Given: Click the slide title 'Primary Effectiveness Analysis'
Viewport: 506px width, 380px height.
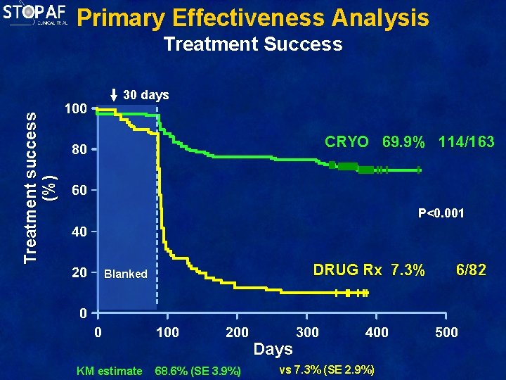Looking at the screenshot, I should point(252,18).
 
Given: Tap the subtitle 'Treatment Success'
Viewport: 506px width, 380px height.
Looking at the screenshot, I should point(252,44).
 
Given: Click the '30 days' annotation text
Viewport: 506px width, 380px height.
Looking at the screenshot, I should point(145,95).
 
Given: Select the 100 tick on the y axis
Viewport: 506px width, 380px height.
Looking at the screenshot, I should point(75,110).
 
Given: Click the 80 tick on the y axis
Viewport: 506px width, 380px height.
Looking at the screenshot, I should point(78,151).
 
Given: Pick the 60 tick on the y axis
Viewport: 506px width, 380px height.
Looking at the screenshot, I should point(78,191).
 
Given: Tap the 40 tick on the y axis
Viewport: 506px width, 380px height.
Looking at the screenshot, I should point(78,232).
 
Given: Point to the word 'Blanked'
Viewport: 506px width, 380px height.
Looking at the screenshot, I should point(125,274).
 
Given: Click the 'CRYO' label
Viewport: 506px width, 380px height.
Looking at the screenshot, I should point(346,142).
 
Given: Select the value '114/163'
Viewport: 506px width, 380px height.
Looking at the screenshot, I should point(467,142).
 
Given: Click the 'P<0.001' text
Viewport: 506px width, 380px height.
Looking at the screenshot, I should point(441,213).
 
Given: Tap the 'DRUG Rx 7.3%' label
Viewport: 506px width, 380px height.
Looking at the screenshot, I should point(368,270).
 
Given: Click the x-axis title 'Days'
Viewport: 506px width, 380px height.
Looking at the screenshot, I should point(273,349).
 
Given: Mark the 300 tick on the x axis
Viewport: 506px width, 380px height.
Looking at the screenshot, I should point(307,332).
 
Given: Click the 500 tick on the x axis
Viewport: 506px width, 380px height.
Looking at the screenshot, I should point(446,332).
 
